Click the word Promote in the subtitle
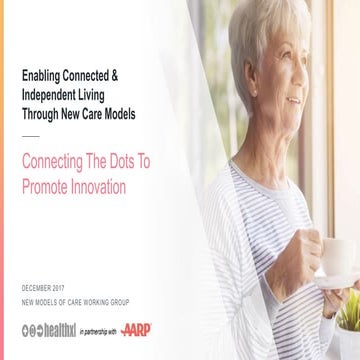[x=43, y=186]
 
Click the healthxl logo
[x=49, y=330]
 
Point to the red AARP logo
[x=137, y=330]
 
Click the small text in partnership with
[x=98, y=331]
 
